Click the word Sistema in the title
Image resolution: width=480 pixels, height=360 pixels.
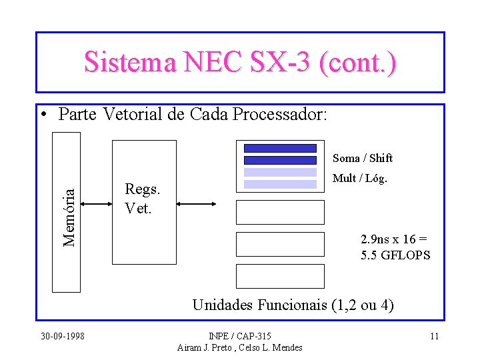click(x=129, y=62)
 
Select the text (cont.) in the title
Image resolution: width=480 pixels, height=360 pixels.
click(x=358, y=62)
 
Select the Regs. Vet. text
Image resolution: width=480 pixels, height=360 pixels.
click(x=142, y=199)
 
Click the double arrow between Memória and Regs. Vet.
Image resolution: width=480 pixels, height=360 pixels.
click(x=95, y=204)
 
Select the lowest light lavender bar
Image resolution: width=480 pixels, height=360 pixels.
click(x=280, y=184)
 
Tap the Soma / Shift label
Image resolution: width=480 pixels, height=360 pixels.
click(x=363, y=158)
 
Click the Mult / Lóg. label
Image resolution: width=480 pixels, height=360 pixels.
click(x=360, y=179)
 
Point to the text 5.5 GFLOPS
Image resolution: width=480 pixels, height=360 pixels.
click(x=395, y=255)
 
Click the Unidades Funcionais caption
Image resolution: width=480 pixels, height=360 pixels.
click(x=292, y=305)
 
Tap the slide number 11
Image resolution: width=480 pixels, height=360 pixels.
click(x=434, y=335)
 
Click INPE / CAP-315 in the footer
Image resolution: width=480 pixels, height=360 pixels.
click(x=240, y=335)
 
